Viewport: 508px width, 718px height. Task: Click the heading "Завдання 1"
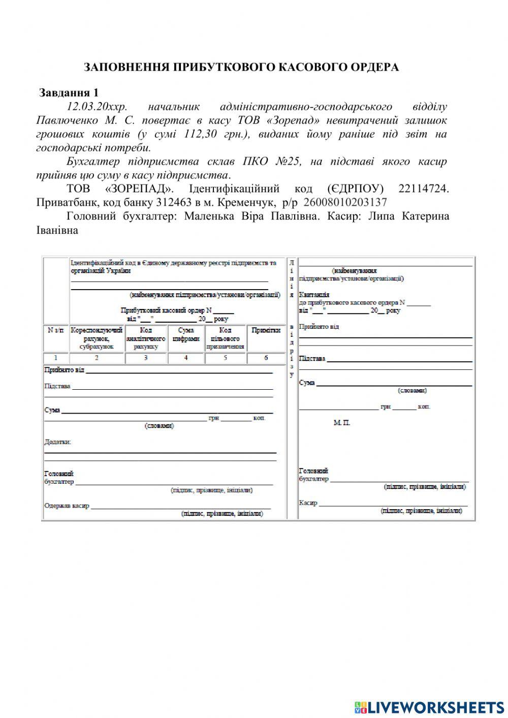tap(69, 93)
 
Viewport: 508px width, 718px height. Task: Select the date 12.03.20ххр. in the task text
tap(98, 107)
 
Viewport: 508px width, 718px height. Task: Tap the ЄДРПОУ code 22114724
tap(424, 189)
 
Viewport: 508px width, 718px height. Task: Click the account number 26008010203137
tap(345, 202)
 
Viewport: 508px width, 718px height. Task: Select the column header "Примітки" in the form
tap(266, 330)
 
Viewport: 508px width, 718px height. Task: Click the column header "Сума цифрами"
tap(186, 334)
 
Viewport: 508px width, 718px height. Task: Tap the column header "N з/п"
tap(56, 330)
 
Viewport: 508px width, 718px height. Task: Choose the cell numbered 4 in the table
tap(186, 358)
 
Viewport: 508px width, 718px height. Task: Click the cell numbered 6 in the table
tap(266, 358)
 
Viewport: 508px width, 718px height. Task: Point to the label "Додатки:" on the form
tap(58, 442)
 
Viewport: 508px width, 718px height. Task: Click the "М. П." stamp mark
tap(342, 423)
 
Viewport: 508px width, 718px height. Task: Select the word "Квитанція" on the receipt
tap(314, 295)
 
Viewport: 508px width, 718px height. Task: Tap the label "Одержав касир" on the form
tap(67, 506)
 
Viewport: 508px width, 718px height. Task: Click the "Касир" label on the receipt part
tap(308, 503)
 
